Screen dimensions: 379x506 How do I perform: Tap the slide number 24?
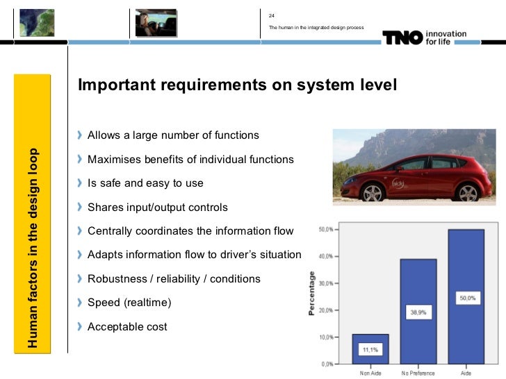tap(272, 15)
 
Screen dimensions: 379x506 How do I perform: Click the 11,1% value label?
tap(370, 350)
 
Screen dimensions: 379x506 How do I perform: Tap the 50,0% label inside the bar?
tap(466, 298)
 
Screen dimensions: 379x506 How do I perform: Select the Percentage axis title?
tap(313, 295)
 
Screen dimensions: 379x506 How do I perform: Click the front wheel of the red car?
tap(373, 192)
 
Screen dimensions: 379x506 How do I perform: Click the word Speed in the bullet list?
tap(103, 303)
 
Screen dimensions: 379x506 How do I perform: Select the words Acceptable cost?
tap(127, 326)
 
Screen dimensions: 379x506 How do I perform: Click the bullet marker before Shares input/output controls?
tap(81, 207)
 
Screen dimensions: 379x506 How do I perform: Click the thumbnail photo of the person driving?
tap(156, 22)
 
